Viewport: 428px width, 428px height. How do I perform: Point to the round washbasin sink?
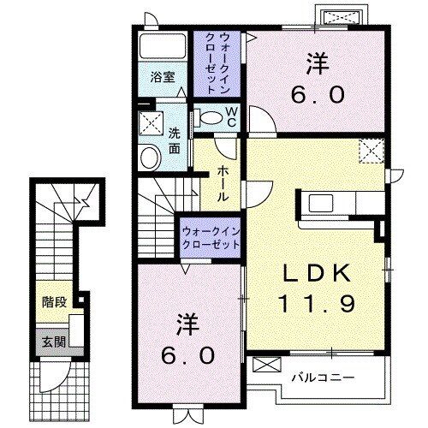coord(149,157)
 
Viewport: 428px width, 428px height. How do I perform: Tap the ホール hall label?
coord(222,182)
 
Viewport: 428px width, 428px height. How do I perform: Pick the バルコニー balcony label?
coord(322,376)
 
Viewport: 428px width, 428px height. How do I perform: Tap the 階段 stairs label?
coord(53,302)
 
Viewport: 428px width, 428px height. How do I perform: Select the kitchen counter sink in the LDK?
coord(324,204)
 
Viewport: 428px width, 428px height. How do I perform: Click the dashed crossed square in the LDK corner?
coord(372,152)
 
